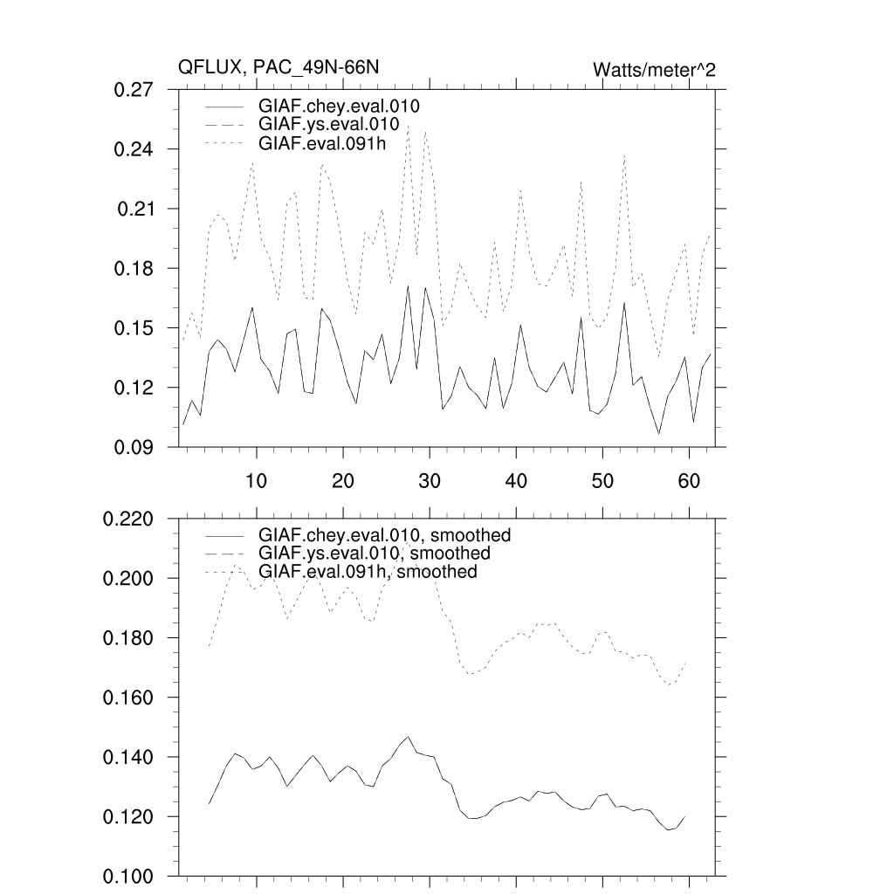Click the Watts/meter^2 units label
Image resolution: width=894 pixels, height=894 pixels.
pyautogui.click(x=654, y=70)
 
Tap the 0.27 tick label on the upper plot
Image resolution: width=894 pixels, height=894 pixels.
pyautogui.click(x=134, y=90)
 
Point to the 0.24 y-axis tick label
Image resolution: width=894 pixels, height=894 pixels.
pyautogui.click(x=134, y=149)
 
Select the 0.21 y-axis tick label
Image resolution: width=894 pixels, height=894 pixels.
pyautogui.click(x=136, y=209)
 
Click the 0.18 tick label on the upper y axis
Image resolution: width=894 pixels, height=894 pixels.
pyautogui.click(x=134, y=269)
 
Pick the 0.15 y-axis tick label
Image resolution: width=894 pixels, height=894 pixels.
pyautogui.click(x=134, y=328)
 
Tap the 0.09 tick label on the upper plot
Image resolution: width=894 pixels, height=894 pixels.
pyautogui.click(x=134, y=448)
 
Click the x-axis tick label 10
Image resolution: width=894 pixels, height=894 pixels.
pyautogui.click(x=256, y=481)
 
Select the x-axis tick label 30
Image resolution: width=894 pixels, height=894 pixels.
pyautogui.click(x=429, y=481)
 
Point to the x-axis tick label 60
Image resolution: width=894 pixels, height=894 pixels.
pyautogui.click(x=689, y=481)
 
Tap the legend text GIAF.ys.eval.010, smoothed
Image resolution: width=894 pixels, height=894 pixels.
pyautogui.click(x=374, y=554)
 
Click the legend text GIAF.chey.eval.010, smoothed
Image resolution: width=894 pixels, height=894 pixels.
pyautogui.click(x=384, y=535)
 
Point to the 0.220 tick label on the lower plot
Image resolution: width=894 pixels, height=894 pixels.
pyautogui.click(x=129, y=519)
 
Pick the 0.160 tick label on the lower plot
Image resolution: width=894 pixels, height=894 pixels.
pyautogui.click(x=129, y=698)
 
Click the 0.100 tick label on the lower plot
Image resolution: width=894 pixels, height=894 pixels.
pyautogui.click(x=129, y=877)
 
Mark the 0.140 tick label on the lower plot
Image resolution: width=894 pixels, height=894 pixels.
pyautogui.click(x=129, y=758)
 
